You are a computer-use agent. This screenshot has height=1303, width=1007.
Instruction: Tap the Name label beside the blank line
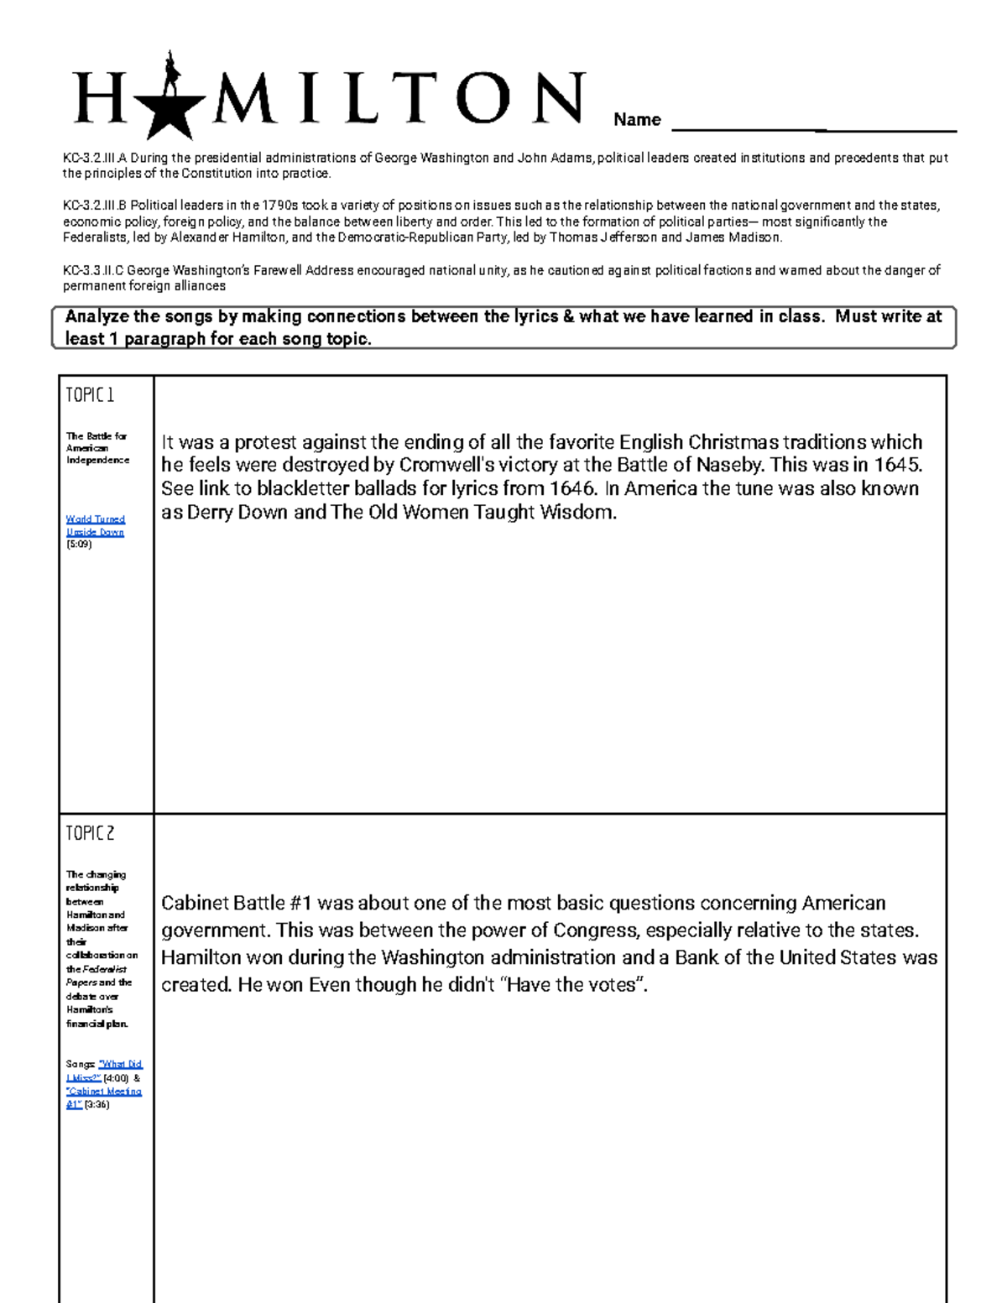point(637,120)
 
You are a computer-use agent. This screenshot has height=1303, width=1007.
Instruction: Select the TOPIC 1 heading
point(90,395)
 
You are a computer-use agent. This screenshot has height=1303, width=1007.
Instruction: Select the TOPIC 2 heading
point(90,833)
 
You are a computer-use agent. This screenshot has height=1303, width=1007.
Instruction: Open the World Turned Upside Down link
point(95,525)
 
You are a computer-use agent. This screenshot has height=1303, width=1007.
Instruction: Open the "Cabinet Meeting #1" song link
point(104,1097)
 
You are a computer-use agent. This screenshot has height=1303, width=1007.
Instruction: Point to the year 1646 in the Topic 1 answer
point(572,489)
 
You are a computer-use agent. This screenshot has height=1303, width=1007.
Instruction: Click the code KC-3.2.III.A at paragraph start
point(95,158)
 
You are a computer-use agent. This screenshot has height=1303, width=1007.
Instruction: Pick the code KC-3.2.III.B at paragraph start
point(95,206)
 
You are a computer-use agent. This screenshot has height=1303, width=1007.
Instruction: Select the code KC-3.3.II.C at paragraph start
point(94,270)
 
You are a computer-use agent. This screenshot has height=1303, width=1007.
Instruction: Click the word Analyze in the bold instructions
point(97,317)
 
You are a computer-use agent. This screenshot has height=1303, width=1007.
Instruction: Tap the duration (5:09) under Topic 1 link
point(79,544)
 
